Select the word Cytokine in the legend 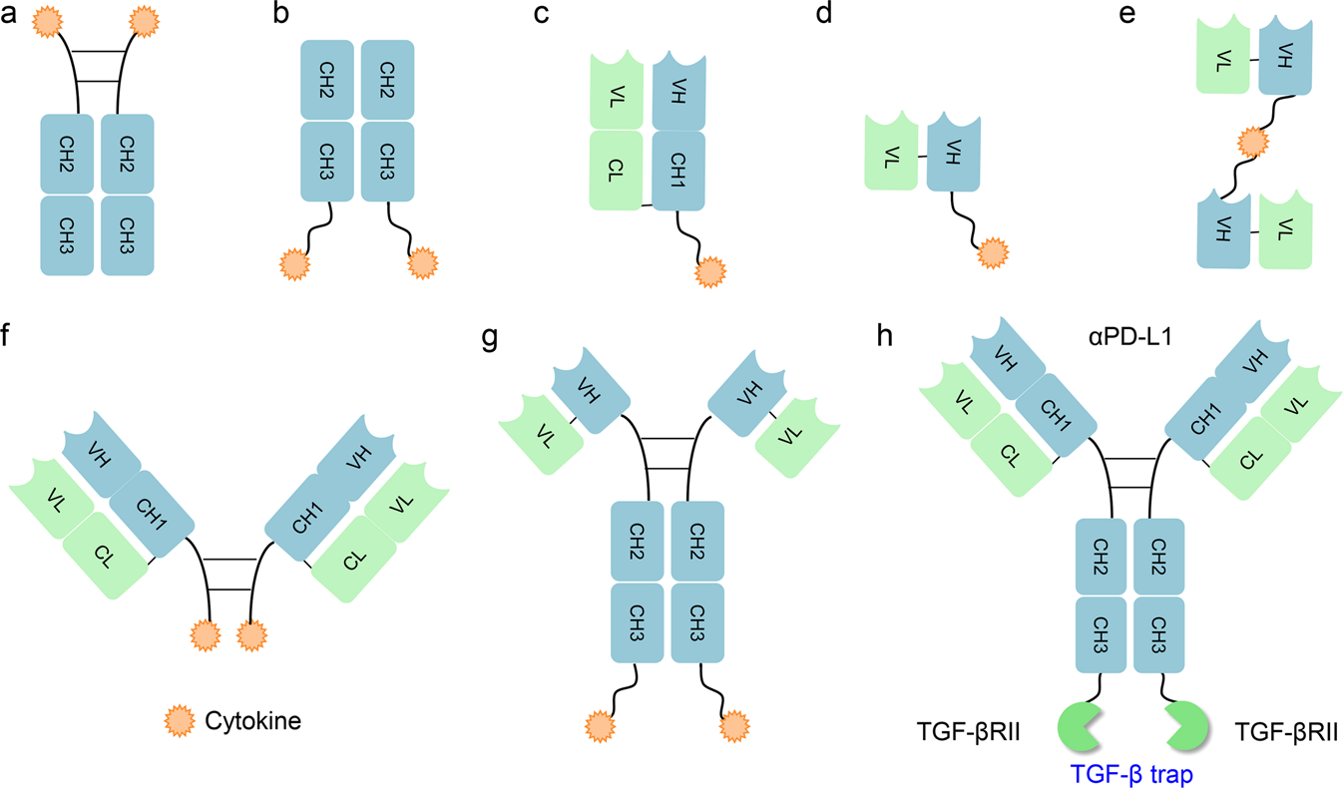pyautogui.click(x=252, y=718)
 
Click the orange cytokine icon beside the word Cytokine pyautogui.click(x=181, y=718)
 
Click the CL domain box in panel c pyautogui.click(x=615, y=170)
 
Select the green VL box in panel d pyautogui.click(x=891, y=152)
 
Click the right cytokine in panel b pyautogui.click(x=423, y=264)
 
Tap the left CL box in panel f pyautogui.click(x=105, y=554)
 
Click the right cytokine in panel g pyautogui.click(x=734, y=721)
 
